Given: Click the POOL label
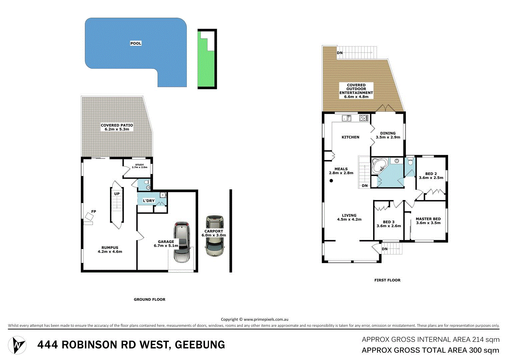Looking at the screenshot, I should click(x=136, y=43).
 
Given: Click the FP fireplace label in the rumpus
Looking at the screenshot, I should click(x=94, y=212).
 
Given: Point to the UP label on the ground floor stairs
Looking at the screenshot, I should click(x=117, y=194).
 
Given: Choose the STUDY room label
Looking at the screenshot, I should click(x=140, y=165).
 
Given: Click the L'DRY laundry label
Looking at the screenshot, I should click(x=149, y=201).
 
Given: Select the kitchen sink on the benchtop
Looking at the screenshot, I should click(x=346, y=118).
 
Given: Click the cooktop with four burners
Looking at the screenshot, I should click(x=363, y=118).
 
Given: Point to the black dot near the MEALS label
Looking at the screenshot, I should click(x=331, y=181).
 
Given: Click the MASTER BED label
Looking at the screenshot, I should click(x=428, y=219).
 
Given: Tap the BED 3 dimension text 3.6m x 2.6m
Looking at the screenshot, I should click(x=389, y=226).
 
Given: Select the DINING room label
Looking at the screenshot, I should click(x=388, y=133).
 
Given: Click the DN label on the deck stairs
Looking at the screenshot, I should click(x=340, y=53).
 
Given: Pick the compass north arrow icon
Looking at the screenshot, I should click(x=17, y=345).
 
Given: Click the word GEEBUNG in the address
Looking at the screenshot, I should click(x=200, y=345).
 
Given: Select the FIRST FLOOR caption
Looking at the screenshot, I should click(x=387, y=280).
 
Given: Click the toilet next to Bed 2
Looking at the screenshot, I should click(x=410, y=162).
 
